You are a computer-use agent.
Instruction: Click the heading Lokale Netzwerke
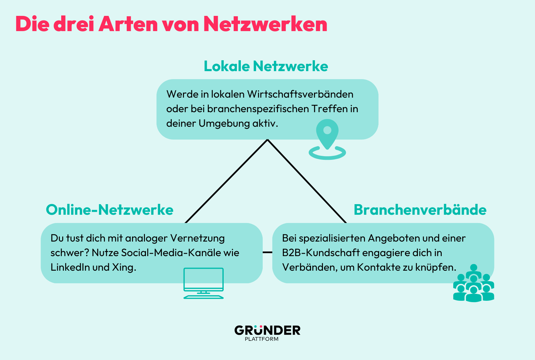(x=266, y=66)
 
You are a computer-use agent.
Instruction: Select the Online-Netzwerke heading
(x=110, y=210)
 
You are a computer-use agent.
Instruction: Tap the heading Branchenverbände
(x=420, y=210)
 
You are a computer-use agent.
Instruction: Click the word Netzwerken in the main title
(x=265, y=24)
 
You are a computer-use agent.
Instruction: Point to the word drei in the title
(x=73, y=24)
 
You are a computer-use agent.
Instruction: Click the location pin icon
(x=327, y=139)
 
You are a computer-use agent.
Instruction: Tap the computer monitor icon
(x=203, y=283)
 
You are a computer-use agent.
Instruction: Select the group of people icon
(x=473, y=283)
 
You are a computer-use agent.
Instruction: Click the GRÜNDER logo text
(x=267, y=330)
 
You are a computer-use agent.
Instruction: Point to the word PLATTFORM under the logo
(x=261, y=339)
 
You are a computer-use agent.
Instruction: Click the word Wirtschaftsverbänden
(x=300, y=94)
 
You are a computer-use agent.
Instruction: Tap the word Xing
(x=124, y=267)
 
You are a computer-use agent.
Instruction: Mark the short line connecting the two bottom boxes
(x=267, y=252)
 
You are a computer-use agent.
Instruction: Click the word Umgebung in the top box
(x=224, y=124)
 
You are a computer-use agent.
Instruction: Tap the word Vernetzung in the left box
(x=197, y=239)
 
